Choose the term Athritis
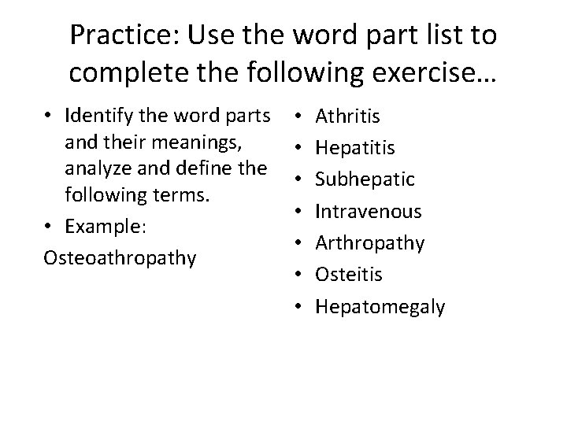347,117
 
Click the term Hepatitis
355,149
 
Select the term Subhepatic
365,180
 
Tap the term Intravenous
369,212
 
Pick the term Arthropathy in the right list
370,243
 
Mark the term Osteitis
349,275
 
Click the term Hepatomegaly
380,306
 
